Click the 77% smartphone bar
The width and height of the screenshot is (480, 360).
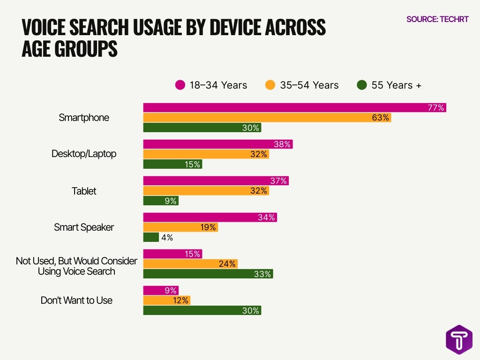pos(294,108)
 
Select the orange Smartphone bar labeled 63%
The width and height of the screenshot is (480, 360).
pos(267,118)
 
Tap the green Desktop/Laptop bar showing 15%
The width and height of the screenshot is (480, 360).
pos(172,164)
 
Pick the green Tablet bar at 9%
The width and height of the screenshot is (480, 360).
pos(160,201)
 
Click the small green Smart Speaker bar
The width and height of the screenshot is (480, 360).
pos(151,237)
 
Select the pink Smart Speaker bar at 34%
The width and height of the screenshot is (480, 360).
pos(210,217)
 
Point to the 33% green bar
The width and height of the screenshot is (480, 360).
pos(208,274)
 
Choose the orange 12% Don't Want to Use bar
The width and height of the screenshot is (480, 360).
pos(166,300)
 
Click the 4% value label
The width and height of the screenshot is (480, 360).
pos(167,238)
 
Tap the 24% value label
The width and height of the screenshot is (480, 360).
pos(227,264)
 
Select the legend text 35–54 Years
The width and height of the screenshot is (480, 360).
pos(309,85)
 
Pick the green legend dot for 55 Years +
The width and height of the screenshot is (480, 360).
pos(361,85)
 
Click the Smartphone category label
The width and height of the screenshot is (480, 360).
pos(84,118)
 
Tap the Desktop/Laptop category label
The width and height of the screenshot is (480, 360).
pos(84,154)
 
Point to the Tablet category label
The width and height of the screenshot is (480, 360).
pos(84,191)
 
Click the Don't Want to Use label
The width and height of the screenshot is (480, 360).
pos(76,300)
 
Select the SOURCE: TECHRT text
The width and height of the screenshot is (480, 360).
pos(437,20)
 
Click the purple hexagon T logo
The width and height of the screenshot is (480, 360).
pos(459,340)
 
